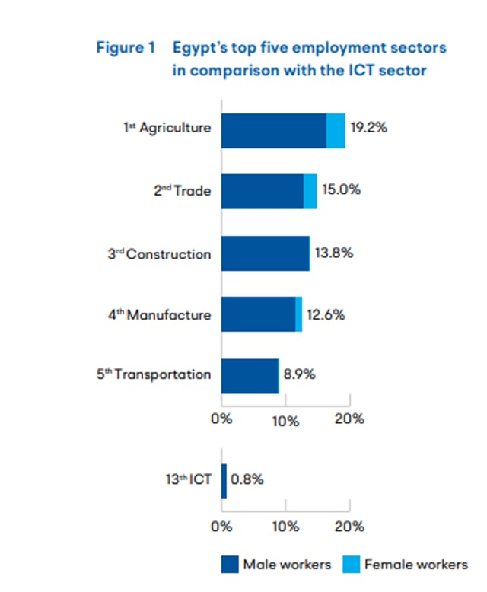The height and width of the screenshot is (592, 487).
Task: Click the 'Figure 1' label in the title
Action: pos(125,48)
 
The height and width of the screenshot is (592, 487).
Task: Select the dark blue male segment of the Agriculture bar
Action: pos(273,131)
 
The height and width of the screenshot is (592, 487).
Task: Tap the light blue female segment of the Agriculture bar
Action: pos(336,131)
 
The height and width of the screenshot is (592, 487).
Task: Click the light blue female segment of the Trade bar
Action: pos(310,191)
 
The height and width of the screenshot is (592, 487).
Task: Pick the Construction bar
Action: pos(266,253)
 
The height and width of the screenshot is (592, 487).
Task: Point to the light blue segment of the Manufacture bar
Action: pos(299,314)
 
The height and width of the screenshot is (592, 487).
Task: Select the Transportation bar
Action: pos(250,375)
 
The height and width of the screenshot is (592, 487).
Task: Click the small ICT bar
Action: pos(224,481)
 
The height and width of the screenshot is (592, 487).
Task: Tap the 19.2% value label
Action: pos(368,128)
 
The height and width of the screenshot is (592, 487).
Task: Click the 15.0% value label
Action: pos(341,189)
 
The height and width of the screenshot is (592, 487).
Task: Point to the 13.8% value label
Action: pos(333,253)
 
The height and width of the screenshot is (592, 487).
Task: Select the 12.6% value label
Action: pos(326,314)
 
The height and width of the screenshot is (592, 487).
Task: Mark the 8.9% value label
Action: pos(299,374)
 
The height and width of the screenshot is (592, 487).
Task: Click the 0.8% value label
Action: pos(247,480)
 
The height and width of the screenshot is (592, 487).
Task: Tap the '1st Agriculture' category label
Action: pos(167,129)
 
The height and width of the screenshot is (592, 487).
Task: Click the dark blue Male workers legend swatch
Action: pos(230,564)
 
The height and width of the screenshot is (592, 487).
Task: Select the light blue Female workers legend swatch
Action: pos(351,564)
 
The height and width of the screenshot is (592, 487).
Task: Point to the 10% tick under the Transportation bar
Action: pos(285,419)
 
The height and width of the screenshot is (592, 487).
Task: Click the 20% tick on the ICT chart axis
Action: pos(350,526)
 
